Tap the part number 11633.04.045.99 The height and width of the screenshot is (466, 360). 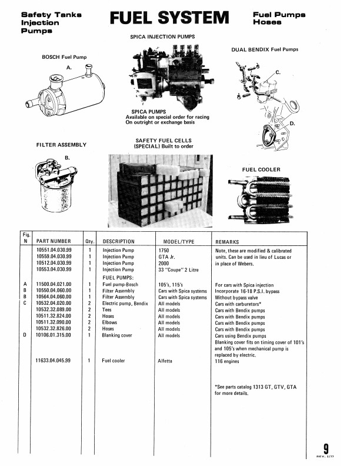pyautogui.click(x=54, y=360)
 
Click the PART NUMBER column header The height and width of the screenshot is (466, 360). pyautogui.click(x=54, y=241)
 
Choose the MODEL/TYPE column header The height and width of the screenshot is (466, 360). pyautogui.click(x=175, y=241)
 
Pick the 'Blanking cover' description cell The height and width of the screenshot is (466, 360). pyautogui.click(x=120, y=335)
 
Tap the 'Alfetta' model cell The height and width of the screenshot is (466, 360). pyautogui.click(x=167, y=360)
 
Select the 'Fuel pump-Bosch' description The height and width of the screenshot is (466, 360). pyautogui.click(x=122, y=284)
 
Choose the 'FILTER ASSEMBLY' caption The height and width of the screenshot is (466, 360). pyautogui.click(x=61, y=144)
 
